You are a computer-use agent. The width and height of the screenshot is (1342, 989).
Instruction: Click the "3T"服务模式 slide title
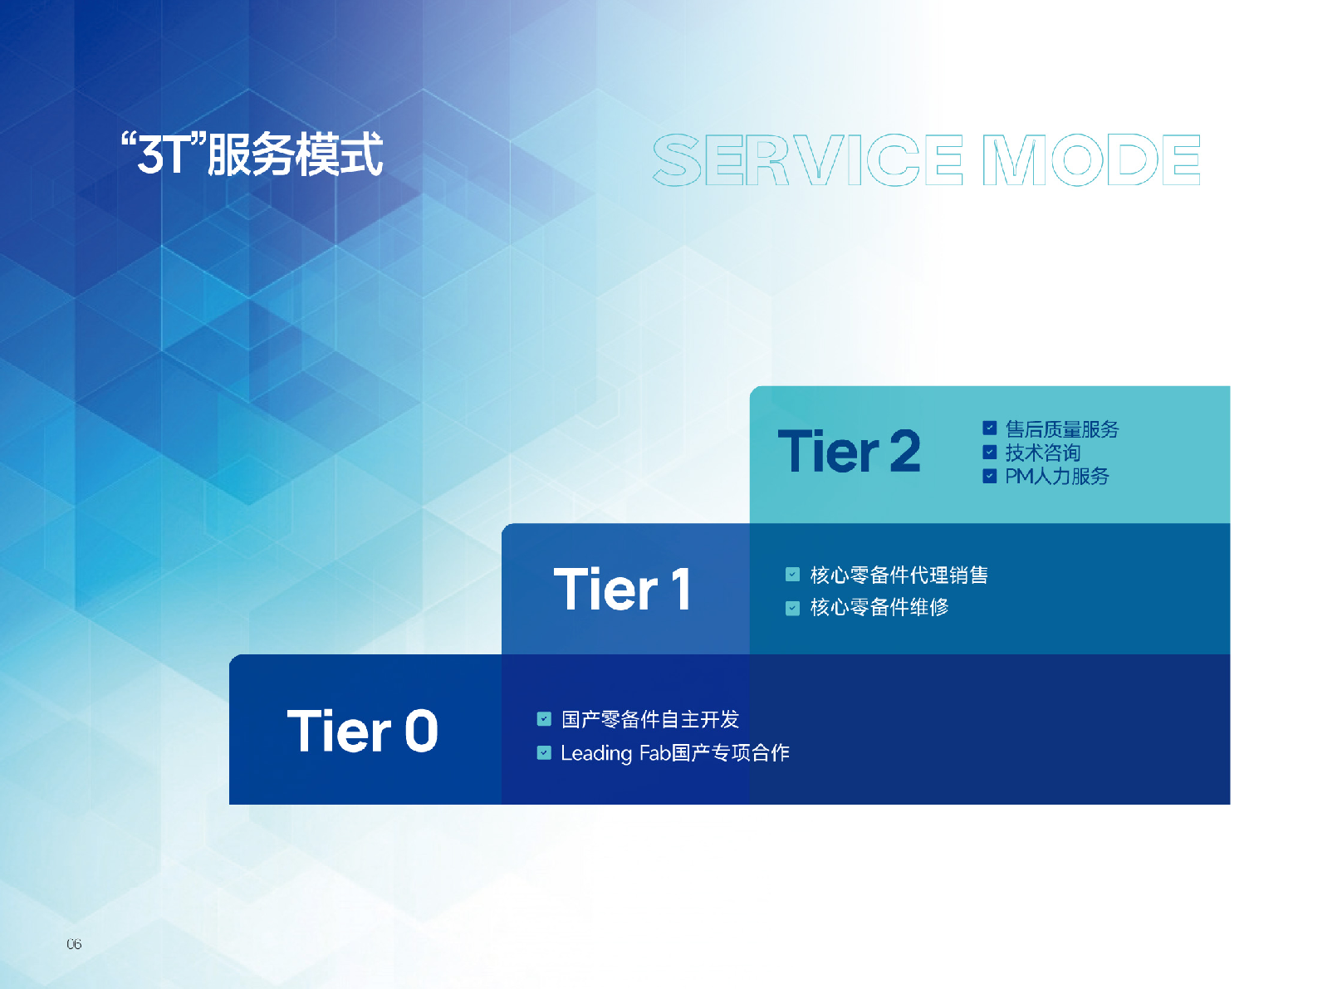coord(252,154)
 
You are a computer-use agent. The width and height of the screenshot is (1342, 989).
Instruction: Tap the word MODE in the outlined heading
coord(1091,159)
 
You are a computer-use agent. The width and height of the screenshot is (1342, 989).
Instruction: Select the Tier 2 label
coord(849,452)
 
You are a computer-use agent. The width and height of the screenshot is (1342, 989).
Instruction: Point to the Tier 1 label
coord(622,590)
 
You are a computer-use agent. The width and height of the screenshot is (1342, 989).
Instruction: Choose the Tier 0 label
coord(362,732)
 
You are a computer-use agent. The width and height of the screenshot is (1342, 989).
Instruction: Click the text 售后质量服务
coord(1061,428)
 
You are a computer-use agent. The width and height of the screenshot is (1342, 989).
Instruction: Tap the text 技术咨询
coord(1042,453)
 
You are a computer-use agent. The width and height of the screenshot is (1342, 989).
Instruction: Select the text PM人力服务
coord(1056,476)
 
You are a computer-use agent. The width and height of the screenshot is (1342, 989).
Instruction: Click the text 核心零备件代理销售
coord(899,575)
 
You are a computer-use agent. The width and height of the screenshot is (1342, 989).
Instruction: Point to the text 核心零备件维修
coord(879,607)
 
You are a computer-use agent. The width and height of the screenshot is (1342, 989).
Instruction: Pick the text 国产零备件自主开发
coord(649,719)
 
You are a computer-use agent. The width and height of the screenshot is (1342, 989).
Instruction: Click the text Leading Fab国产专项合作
coord(674,753)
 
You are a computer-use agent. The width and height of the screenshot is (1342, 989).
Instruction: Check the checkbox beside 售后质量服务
coord(989,428)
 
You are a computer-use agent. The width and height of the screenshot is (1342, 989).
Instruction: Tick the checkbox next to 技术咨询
coord(989,453)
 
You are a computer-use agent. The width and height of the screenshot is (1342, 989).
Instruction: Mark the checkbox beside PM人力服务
coord(989,476)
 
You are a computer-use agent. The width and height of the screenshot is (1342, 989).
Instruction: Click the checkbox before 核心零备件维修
coord(792,608)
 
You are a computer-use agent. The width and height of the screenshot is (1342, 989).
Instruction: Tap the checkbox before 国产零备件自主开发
coord(544,719)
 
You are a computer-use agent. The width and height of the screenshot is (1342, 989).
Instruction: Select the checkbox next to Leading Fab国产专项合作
coord(544,753)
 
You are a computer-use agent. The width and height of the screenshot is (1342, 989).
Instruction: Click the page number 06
coord(74,944)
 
